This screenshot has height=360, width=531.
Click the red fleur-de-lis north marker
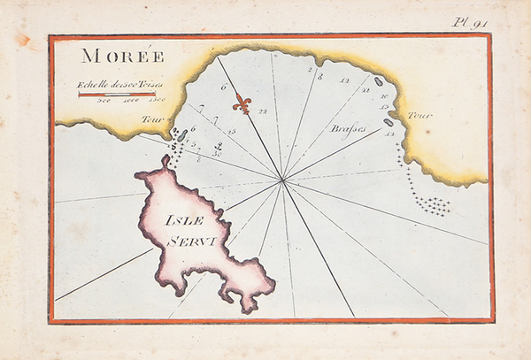coord(242,104)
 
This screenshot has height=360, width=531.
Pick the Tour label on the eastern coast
coord(419,116)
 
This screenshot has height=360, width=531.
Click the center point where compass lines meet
coord(283,181)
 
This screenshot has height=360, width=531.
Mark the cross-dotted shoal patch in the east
coord(433,205)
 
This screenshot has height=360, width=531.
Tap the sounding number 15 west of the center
coord(231,131)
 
